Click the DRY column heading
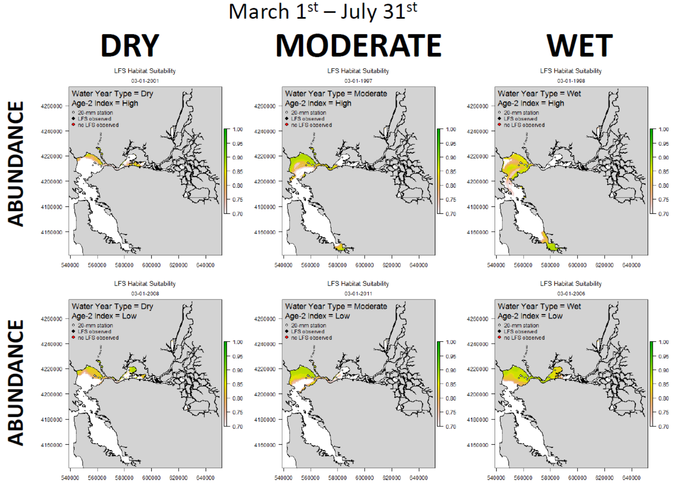point(130,45)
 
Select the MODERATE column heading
point(358,45)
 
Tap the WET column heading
point(580,45)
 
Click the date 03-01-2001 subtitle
point(145,81)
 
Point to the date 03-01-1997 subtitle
point(358,81)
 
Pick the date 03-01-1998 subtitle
point(571,81)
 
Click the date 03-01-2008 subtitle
point(145,294)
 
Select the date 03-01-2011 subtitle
point(358,294)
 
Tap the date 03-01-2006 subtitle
point(571,294)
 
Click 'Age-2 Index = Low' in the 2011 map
point(317,316)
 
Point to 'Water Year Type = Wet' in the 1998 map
point(539,94)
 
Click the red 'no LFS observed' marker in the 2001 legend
point(73,125)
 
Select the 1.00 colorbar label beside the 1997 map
point(451,130)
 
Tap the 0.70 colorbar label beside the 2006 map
point(664,426)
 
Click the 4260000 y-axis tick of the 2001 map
point(52,106)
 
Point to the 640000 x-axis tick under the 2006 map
point(632,478)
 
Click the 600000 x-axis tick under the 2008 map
point(151,478)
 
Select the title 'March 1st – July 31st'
point(323,11)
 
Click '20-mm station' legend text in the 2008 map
point(96,325)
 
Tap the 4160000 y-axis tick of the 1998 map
point(478,232)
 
